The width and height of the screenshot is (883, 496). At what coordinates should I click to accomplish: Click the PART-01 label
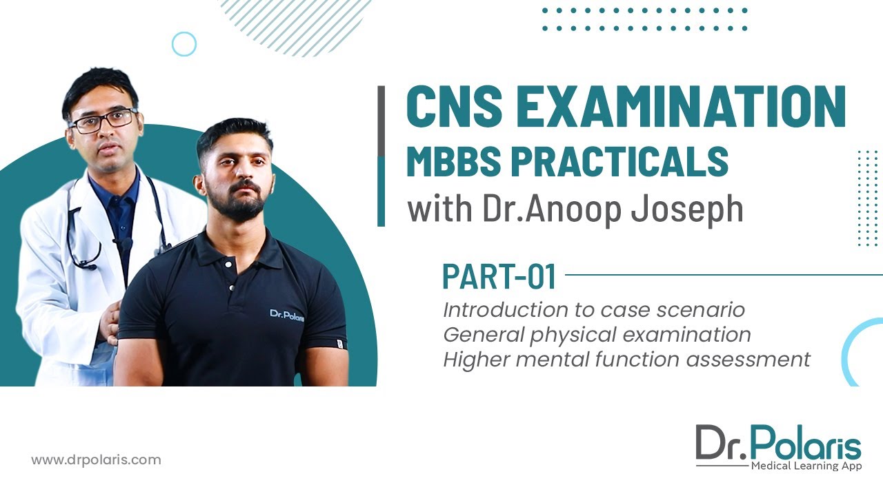click(x=499, y=276)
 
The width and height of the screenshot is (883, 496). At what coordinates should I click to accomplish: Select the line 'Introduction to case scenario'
click(x=594, y=310)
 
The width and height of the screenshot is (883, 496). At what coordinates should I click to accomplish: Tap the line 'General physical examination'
click(x=597, y=335)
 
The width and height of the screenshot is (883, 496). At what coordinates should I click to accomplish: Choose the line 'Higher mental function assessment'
click(x=626, y=360)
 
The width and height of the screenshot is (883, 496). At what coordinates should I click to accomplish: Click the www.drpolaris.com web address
click(x=96, y=459)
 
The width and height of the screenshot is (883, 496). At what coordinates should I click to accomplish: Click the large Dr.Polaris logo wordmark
click(x=778, y=444)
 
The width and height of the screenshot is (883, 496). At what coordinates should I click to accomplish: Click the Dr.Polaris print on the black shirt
click(x=286, y=315)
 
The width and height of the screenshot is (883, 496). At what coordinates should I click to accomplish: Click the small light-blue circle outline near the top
click(x=183, y=44)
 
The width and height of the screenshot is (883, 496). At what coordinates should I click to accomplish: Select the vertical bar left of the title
click(x=381, y=156)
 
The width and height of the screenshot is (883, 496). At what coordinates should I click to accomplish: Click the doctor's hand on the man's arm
click(x=110, y=323)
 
